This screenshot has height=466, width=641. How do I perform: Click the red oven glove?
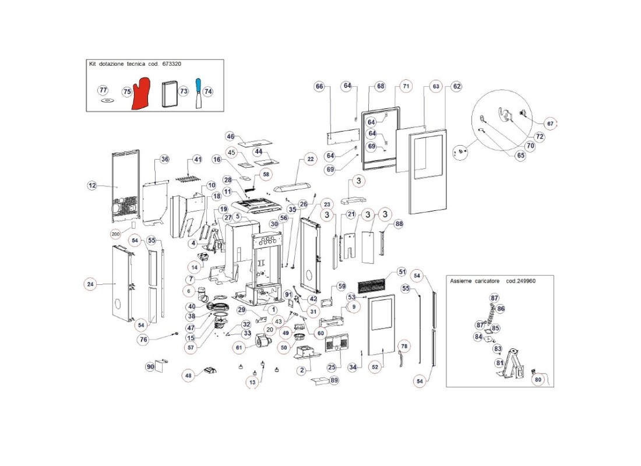click(x=141, y=96)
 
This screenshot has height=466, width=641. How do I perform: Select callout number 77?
click(x=103, y=90)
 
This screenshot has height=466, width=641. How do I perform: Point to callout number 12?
click(x=92, y=185)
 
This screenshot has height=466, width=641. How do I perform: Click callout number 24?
click(x=90, y=284)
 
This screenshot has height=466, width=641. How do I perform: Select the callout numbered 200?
click(x=115, y=234)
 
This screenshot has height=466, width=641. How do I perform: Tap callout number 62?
click(x=456, y=86)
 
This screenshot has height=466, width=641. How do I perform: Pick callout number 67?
click(x=550, y=123)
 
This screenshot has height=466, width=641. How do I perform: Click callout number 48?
click(x=188, y=375)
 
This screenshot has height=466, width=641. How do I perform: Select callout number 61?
click(x=238, y=347)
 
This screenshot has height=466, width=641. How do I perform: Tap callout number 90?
click(x=150, y=366)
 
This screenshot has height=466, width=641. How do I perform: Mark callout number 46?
click(x=230, y=136)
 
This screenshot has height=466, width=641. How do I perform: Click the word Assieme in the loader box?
click(x=461, y=281)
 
